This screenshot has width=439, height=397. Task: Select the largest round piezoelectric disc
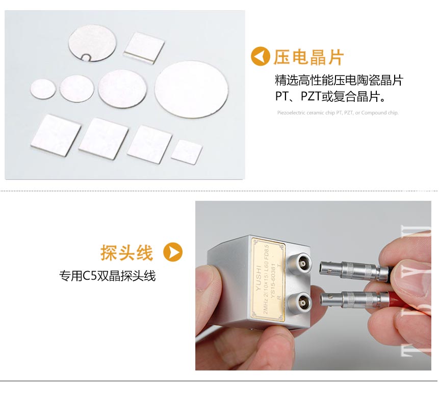pyautogui.click(x=191, y=89)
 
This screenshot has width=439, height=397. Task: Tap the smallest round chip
pyautogui.click(x=43, y=89)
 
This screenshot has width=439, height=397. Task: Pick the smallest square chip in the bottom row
pyautogui.click(x=186, y=152)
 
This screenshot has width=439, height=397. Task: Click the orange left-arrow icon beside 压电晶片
pyautogui.click(x=261, y=57)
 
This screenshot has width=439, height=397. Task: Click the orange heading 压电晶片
pyautogui.click(x=308, y=57)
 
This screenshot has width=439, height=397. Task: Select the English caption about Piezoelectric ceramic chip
pyautogui.click(x=338, y=113)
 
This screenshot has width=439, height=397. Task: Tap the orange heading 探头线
pyautogui.click(x=127, y=252)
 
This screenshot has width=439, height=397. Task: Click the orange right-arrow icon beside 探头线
pyautogui.click(x=172, y=252)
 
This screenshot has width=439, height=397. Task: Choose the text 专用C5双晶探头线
pyautogui.click(x=108, y=276)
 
